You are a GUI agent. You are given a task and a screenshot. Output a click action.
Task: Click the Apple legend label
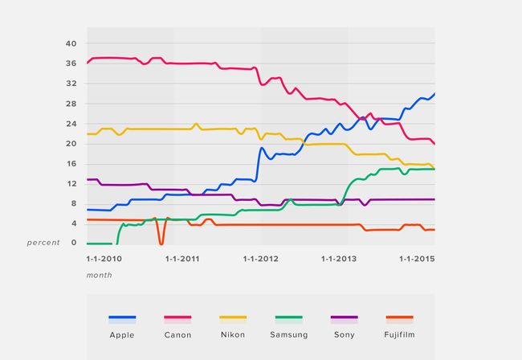[122, 334]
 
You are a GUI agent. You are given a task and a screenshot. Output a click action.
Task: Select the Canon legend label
[177, 334]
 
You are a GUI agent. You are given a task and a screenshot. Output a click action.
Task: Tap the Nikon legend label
[233, 334]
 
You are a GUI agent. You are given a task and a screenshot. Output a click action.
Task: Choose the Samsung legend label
[288, 334]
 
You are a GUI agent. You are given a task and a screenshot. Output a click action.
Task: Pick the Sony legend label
[344, 334]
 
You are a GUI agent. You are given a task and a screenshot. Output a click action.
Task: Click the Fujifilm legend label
[399, 334]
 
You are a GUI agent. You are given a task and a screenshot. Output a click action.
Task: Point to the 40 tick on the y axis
[71, 43]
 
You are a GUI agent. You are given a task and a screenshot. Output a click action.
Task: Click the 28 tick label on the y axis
[71, 104]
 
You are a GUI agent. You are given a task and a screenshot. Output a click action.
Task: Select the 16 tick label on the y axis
[71, 164]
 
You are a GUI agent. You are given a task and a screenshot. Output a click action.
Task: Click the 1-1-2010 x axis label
[104, 259]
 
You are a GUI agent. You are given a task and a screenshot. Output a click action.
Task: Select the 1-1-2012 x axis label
[259, 259]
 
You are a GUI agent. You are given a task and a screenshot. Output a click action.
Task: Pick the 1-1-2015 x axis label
[417, 259]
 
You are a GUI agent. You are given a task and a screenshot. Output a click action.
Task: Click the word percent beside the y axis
[43, 243]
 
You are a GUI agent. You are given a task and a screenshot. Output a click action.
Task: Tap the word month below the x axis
[100, 275]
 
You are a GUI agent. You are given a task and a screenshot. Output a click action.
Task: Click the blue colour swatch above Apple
[122, 318]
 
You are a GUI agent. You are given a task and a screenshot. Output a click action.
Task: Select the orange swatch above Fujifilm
[399, 318]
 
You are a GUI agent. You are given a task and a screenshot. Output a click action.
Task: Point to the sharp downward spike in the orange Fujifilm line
[161, 242]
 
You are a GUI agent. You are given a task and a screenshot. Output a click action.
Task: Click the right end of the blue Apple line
[434, 94]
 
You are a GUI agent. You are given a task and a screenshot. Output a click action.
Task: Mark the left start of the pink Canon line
[88, 62]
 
